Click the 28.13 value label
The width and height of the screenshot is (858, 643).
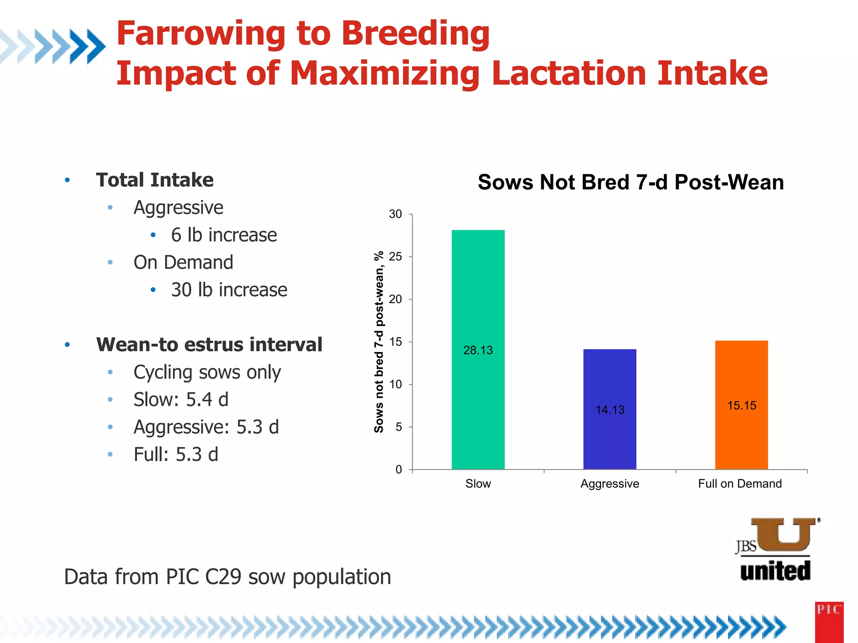pos(478,350)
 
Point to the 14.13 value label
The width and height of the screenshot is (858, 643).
pos(610,409)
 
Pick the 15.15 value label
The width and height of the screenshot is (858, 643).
pos(742,405)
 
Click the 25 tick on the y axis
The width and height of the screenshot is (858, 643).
pos(395,257)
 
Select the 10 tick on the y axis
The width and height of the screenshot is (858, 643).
pos(395,384)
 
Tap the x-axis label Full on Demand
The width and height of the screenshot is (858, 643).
pos(740,484)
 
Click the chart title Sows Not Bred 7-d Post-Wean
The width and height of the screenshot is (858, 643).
pos(631,182)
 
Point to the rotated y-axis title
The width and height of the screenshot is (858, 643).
pos(379,342)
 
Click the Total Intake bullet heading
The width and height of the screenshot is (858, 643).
pos(155,180)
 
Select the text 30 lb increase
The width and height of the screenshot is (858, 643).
pos(229,290)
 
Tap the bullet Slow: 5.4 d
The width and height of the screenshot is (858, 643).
pos(181,399)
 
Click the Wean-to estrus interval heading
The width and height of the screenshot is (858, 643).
pos(209,345)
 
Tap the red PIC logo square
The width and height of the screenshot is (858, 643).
pos(829,622)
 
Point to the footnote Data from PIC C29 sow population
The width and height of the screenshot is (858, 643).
pos(227,576)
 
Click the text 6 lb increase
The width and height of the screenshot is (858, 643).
pos(224,235)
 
